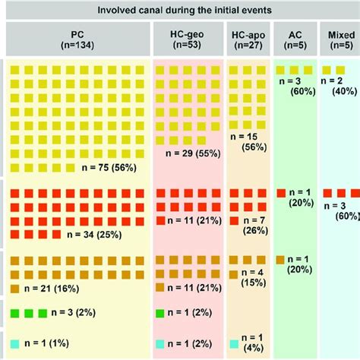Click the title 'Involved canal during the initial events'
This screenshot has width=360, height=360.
click(182, 9)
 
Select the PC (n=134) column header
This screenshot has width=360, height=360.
click(79, 39)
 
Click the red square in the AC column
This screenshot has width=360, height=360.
click(282, 194)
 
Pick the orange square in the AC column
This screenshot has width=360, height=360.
click(282, 261)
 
